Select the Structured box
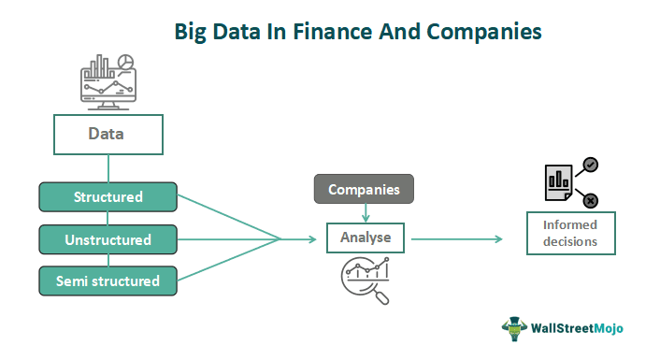[108, 197]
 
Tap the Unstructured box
[108, 239]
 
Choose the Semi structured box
[108, 281]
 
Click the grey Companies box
[364, 190]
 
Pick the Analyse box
[365, 238]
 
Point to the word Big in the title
[194, 32]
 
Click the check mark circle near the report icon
[590, 166]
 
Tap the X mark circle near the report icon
[590, 199]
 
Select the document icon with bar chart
[558, 182]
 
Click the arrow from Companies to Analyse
[364, 213]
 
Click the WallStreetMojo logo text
[581, 328]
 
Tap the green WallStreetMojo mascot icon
[515, 328]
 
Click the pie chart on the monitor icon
[125, 63]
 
